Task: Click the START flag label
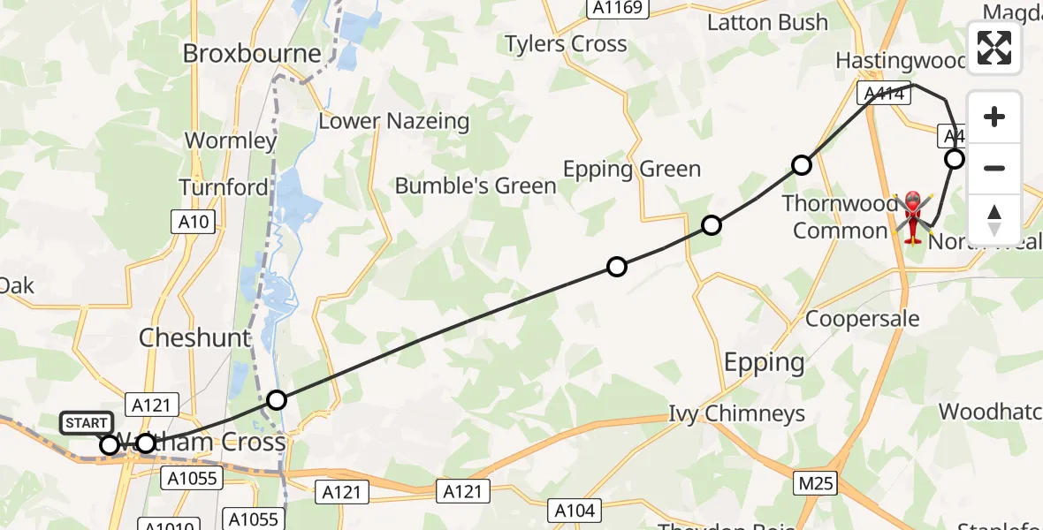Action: click(86, 423)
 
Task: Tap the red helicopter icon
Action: click(913, 216)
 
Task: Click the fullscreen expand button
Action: click(994, 48)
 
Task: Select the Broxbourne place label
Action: click(252, 54)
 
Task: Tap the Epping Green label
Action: click(632, 170)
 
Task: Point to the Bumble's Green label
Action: click(476, 185)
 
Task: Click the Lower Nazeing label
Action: click(393, 121)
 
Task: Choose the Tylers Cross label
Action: click(566, 43)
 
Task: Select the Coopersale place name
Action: click(862, 319)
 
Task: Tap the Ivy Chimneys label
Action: click(736, 413)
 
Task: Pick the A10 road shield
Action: click(194, 222)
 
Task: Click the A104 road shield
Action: click(575, 510)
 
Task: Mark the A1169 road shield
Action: click(619, 8)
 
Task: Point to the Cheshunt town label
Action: click(194, 338)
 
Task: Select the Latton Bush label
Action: click(767, 22)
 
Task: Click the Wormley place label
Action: click(231, 140)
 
